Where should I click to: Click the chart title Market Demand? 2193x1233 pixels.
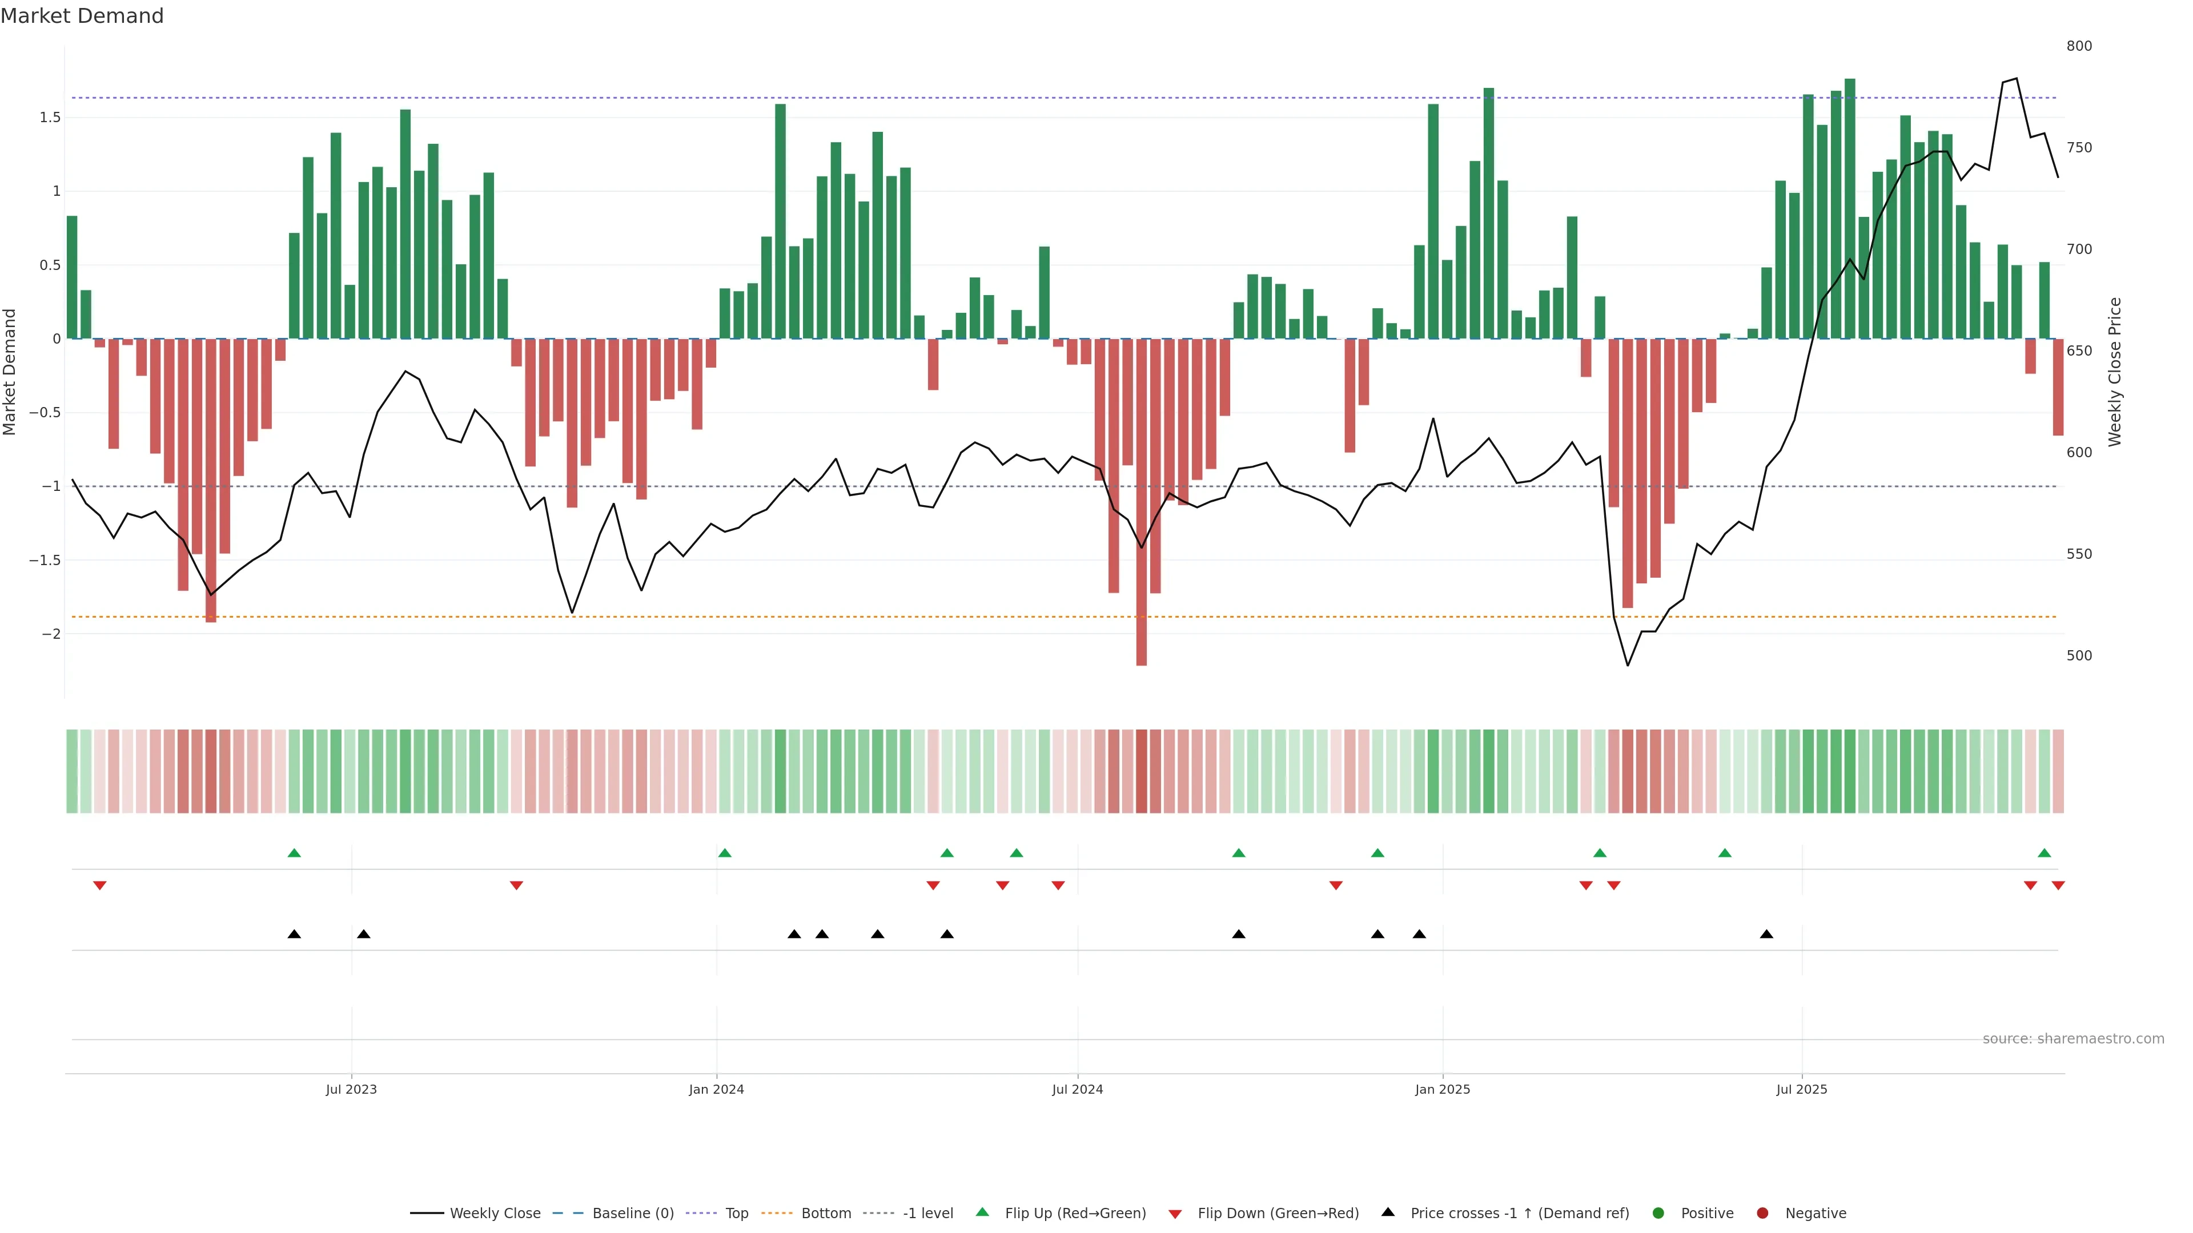coord(82,16)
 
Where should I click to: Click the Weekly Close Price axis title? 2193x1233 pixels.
coord(2115,372)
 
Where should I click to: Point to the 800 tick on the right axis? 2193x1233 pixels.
coord(2078,46)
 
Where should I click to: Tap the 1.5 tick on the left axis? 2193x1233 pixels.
coord(50,118)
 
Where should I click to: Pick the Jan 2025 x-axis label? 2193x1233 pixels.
coord(1442,1089)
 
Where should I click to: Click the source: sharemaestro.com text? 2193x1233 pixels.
coord(2073,1039)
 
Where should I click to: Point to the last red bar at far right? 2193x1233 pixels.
coord(2058,387)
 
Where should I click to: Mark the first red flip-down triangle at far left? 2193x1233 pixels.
coord(99,886)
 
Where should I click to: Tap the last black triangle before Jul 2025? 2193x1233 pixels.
coord(1766,934)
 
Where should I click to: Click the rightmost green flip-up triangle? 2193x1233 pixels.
coord(2044,853)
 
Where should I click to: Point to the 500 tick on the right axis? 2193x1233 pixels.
coord(2078,656)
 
